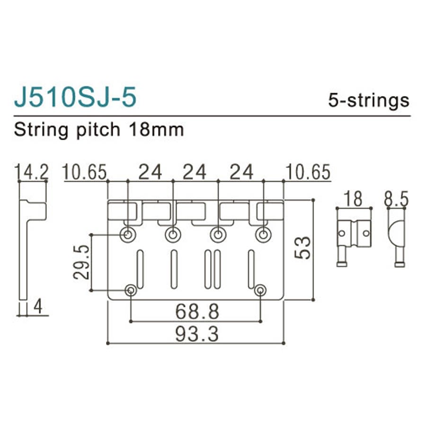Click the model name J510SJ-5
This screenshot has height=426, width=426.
[75, 97]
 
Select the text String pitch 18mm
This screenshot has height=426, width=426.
[98, 129]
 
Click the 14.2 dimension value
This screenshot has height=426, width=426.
[32, 172]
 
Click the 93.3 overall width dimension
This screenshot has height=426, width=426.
[197, 334]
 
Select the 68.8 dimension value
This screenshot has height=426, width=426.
[197, 311]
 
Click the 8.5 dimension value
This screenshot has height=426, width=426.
[396, 199]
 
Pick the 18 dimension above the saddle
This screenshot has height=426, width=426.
[354, 199]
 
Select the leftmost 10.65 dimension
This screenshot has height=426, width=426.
[85, 172]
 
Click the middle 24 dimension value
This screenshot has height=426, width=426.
[195, 172]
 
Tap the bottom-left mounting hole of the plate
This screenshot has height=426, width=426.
[131, 290]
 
